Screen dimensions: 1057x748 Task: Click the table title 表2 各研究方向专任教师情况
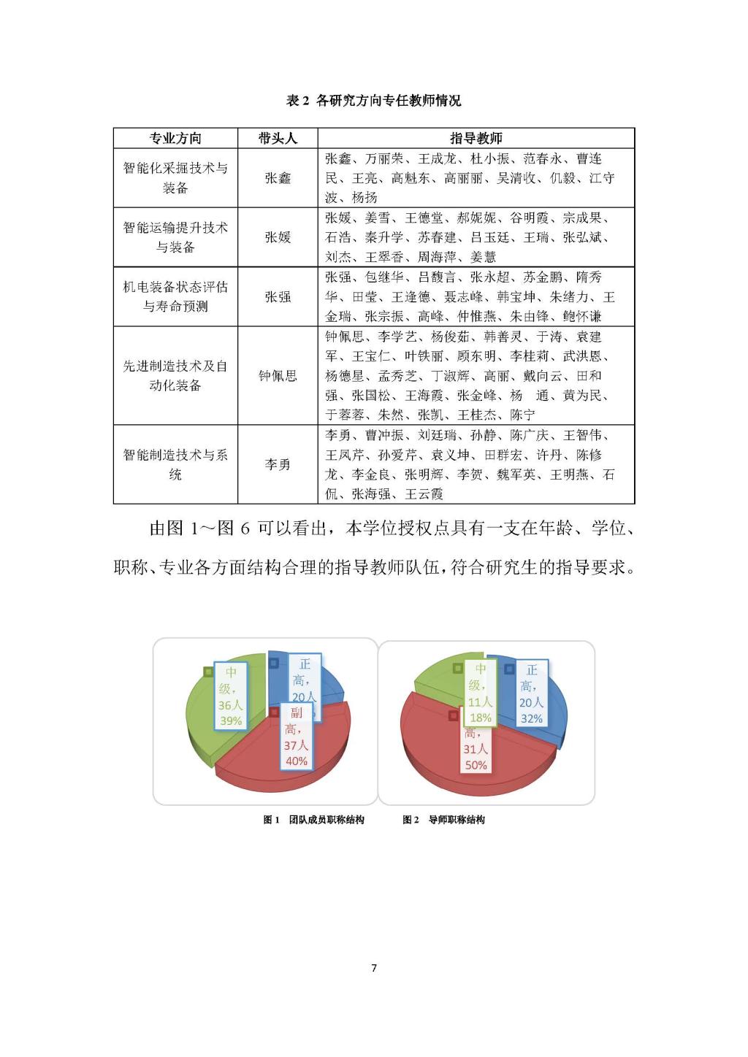click(373, 101)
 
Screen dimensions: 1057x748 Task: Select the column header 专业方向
click(175, 138)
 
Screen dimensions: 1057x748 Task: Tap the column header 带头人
click(278, 138)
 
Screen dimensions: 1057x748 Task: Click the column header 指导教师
click(476, 138)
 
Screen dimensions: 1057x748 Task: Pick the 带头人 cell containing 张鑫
click(278, 178)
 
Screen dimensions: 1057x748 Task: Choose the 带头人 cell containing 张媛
click(278, 237)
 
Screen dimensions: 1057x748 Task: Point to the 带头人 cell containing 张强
click(278, 296)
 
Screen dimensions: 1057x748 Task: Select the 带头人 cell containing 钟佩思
click(278, 375)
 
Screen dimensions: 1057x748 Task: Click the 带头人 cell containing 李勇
click(278, 464)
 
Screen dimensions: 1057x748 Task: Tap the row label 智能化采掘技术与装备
click(175, 178)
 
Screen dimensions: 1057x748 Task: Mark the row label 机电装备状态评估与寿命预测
click(175, 296)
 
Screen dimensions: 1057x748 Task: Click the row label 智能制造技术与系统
click(175, 464)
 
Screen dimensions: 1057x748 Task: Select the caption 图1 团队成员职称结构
click(313, 820)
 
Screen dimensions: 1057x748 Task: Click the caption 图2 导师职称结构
click(443, 820)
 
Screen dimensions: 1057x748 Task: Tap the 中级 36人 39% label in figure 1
click(231, 696)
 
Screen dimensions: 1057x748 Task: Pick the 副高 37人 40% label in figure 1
click(296, 737)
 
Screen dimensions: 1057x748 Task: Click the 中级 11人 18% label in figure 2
click(480, 693)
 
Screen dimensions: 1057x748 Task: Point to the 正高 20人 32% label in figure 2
click(531, 694)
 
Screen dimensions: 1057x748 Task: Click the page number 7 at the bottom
click(374, 968)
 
